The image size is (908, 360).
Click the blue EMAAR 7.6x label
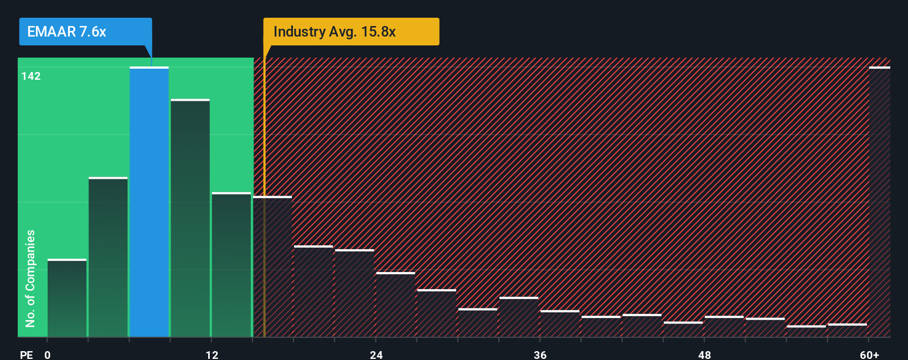[x=85, y=32]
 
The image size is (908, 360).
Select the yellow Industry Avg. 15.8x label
[x=351, y=32]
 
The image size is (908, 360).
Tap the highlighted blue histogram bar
[x=149, y=202]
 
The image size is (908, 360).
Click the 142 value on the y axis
[x=31, y=76]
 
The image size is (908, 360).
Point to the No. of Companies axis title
[x=30, y=278]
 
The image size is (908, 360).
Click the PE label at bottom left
[x=26, y=354]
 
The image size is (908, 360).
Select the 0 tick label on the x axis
[x=48, y=354]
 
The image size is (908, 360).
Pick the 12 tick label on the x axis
[x=212, y=354]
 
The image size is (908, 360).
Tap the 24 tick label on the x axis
[x=376, y=354]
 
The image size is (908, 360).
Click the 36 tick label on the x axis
[x=540, y=354]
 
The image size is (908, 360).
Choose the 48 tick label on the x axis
[x=704, y=354]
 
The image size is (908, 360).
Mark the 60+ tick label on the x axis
[x=869, y=354]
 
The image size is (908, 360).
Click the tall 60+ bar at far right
[x=879, y=202]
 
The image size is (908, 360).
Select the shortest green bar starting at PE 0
[x=67, y=298]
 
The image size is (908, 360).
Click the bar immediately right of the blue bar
[x=190, y=218]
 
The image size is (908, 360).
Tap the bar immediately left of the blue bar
[x=108, y=257]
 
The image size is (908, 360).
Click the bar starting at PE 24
[x=395, y=305]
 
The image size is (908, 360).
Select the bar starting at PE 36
[x=559, y=323]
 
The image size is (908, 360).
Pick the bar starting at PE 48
[x=724, y=327]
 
